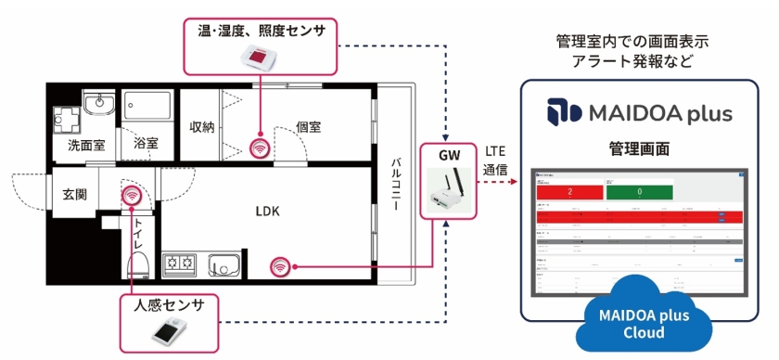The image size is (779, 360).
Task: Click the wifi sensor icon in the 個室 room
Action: (261, 147)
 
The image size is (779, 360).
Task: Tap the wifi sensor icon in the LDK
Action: (279, 266)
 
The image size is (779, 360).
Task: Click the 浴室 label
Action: (146, 144)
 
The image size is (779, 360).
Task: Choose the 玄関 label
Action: (74, 195)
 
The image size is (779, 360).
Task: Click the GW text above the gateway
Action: (449, 156)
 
